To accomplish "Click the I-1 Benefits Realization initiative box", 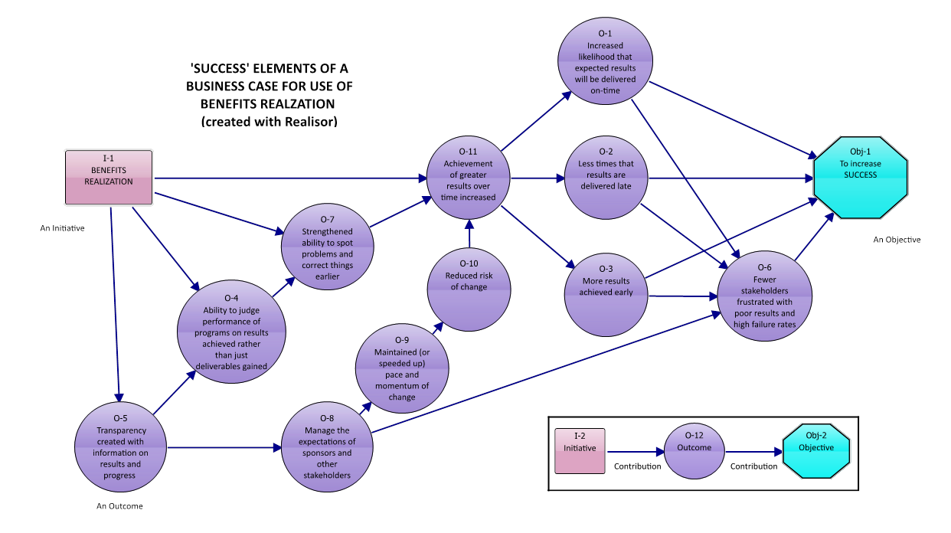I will (109, 177).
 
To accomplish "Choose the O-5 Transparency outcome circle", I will (120, 447).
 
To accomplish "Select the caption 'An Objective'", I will (897, 240).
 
